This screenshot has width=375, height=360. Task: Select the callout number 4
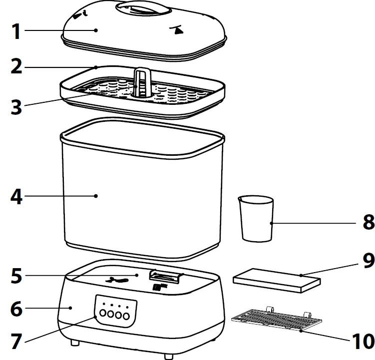[16, 196]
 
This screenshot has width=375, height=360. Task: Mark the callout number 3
[16, 106]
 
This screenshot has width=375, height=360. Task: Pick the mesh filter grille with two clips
[274, 320]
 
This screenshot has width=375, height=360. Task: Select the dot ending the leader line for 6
[71, 308]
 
